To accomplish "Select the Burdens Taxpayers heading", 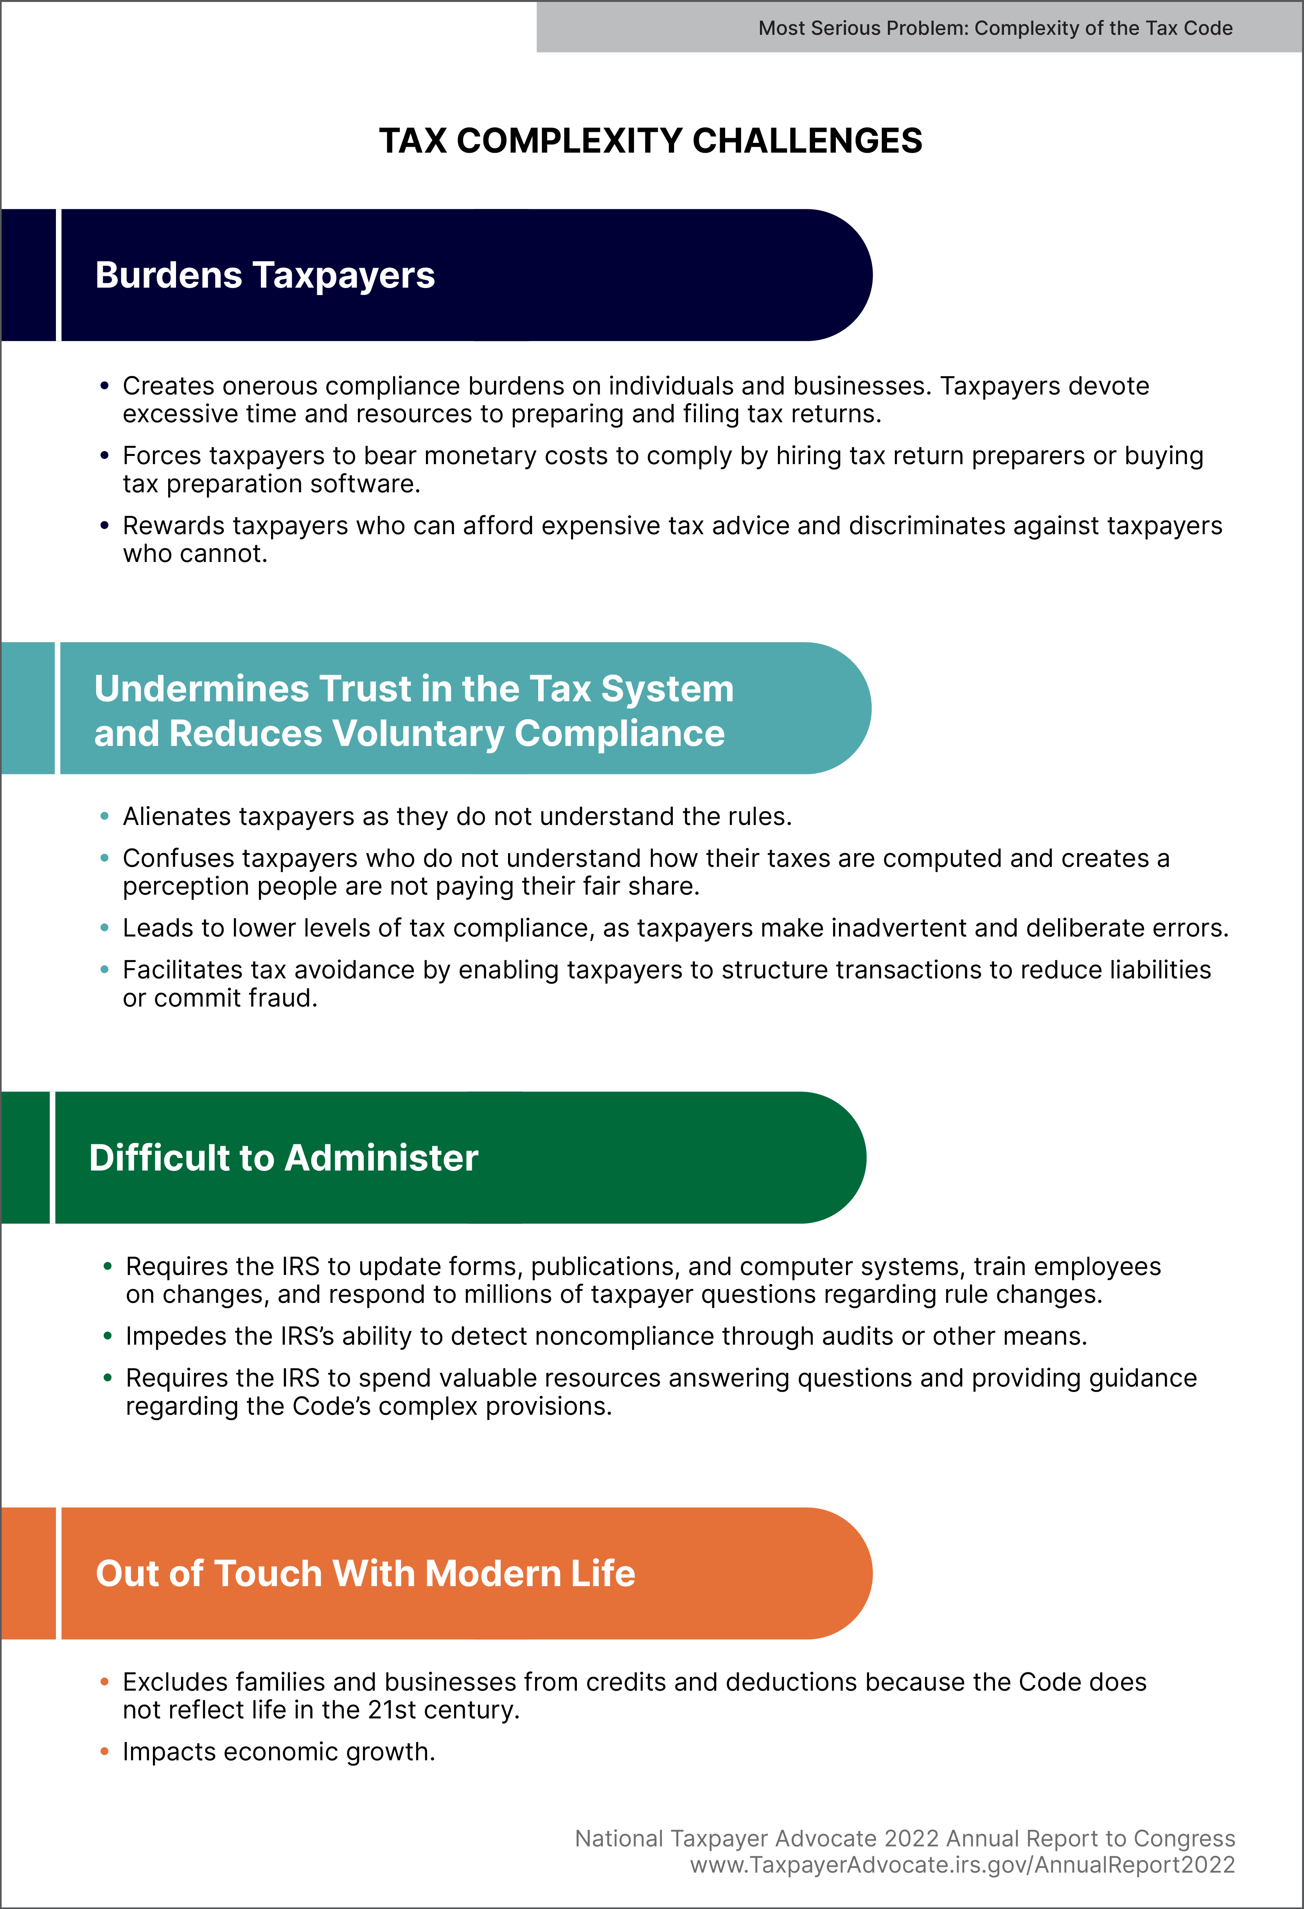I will (264, 275).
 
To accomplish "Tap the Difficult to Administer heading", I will (283, 1157).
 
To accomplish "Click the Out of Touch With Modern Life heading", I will (365, 1573).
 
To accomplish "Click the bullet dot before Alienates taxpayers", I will (104, 816).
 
